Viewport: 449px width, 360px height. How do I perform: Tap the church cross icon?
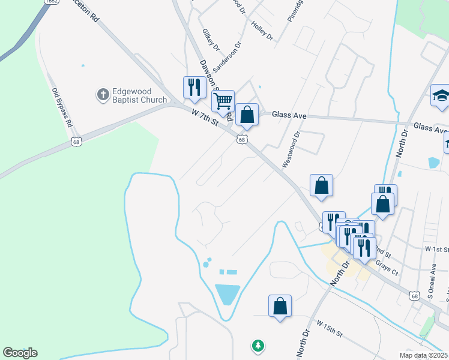pyautogui.click(x=103, y=94)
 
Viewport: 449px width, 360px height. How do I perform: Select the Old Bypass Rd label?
pyautogui.click(x=62, y=107)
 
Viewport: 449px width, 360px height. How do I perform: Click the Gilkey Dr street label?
pyautogui.click(x=211, y=40)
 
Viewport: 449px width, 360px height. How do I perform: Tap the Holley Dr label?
pyautogui.click(x=262, y=31)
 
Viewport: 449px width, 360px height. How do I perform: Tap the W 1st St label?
pyautogui.click(x=437, y=248)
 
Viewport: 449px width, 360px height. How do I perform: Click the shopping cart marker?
pyautogui.click(x=223, y=100)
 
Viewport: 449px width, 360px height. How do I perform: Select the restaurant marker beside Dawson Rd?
pyautogui.click(x=194, y=87)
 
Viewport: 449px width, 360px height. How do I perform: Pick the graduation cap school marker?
pyautogui.click(x=441, y=95)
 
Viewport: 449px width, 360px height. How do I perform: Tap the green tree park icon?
pyautogui.click(x=258, y=345)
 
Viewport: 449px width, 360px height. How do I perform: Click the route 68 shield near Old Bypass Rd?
pyautogui.click(x=76, y=142)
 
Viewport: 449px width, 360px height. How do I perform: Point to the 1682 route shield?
pyautogui.click(x=50, y=2)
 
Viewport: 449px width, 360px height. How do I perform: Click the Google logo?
pyautogui.click(x=20, y=353)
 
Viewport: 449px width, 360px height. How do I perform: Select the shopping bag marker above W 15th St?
pyautogui.click(x=280, y=305)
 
